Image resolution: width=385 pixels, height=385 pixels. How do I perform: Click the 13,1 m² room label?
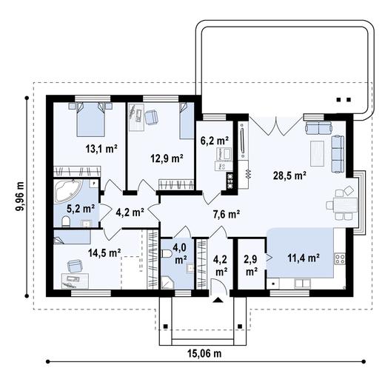pyautogui.click(x=101, y=149)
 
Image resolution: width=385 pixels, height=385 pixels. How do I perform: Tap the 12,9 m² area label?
pyautogui.click(x=167, y=158)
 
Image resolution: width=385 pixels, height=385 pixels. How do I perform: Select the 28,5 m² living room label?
pyautogui.click(x=289, y=175)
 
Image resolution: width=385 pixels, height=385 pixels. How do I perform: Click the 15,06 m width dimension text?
pyautogui.click(x=204, y=354)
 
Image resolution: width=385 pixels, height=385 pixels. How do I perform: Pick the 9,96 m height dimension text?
pyautogui.click(x=19, y=196)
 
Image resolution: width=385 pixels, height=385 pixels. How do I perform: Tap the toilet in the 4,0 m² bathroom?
pyautogui.click(x=167, y=253)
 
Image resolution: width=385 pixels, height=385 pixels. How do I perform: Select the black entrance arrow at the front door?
pyautogui.click(x=218, y=300)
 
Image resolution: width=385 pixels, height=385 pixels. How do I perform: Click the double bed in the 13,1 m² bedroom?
pyautogui.click(x=90, y=119)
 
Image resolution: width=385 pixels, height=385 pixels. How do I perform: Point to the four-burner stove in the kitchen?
pyautogui.click(x=340, y=259)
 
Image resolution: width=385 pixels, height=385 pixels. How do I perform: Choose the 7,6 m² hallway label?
pyautogui.click(x=227, y=214)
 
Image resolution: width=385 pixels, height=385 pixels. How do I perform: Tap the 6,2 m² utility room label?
pyautogui.click(x=214, y=141)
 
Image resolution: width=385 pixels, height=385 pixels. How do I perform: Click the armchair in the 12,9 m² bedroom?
pyautogui.click(x=151, y=116)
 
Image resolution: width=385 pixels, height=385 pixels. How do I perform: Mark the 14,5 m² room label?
pyautogui.click(x=104, y=252)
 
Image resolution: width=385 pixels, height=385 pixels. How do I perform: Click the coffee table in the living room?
pyautogui.click(x=317, y=153)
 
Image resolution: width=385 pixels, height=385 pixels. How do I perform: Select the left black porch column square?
pyautogui.click(x=166, y=327)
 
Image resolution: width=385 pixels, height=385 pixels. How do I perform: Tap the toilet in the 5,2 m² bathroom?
pyautogui.click(x=66, y=221)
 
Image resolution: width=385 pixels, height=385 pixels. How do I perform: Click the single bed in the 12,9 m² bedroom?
pyautogui.click(x=187, y=121)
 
